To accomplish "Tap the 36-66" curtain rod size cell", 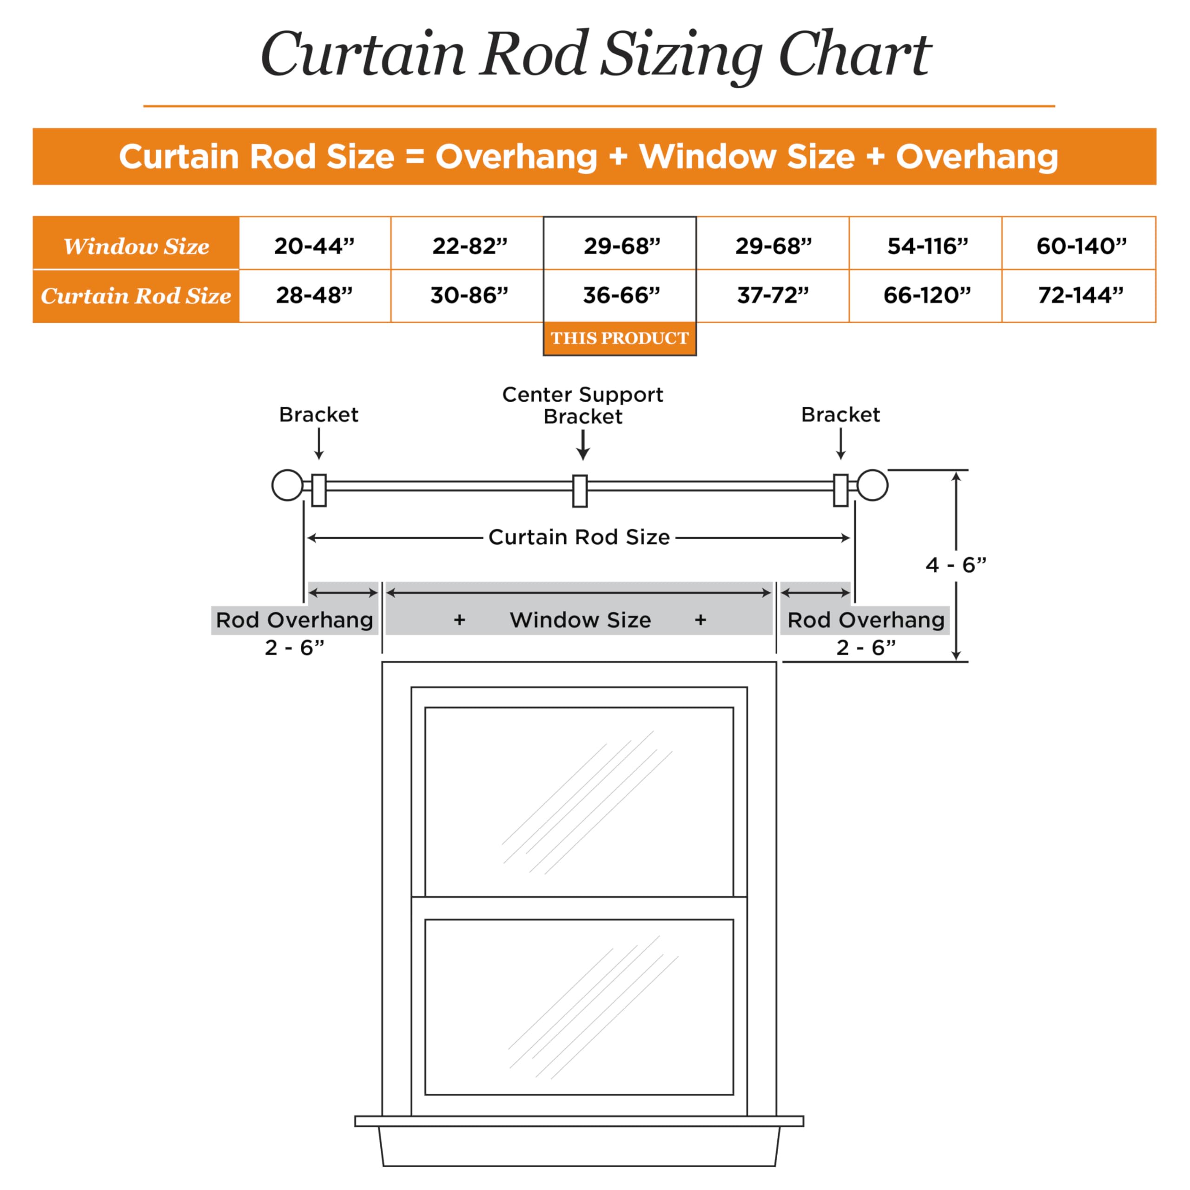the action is (620, 296).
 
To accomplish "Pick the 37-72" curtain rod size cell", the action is (773, 296).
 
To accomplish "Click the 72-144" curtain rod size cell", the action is (1078, 296).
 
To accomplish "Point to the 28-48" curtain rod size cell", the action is (315, 296).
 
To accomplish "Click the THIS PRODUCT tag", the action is (620, 338).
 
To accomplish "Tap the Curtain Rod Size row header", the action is (136, 296).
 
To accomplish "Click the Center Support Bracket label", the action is (582, 405).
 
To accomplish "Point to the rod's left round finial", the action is (288, 485).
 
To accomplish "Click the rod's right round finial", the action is (872, 485).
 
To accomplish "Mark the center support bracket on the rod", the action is (580, 491).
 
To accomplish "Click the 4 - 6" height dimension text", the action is (955, 565).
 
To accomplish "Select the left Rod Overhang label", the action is (294, 620).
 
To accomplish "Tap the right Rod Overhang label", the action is (866, 620).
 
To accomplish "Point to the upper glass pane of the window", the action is (579, 802).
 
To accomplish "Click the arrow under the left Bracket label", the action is (318, 444).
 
